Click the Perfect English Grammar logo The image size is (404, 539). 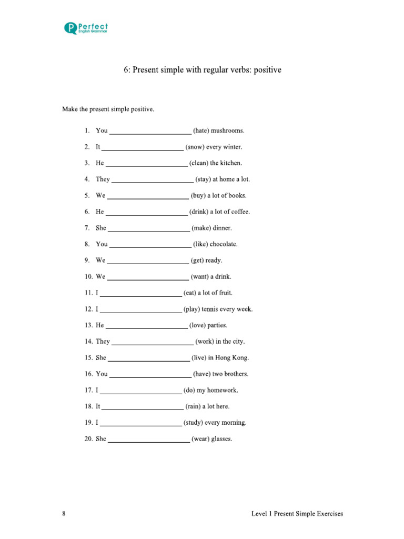click(x=86, y=28)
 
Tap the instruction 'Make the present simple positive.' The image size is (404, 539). click(x=108, y=109)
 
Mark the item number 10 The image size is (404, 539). click(x=88, y=277)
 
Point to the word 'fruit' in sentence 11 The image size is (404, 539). click(x=224, y=293)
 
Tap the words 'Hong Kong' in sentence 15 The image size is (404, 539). click(x=232, y=358)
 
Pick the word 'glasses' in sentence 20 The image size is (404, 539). click(x=221, y=439)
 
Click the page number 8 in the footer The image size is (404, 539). click(x=64, y=514)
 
